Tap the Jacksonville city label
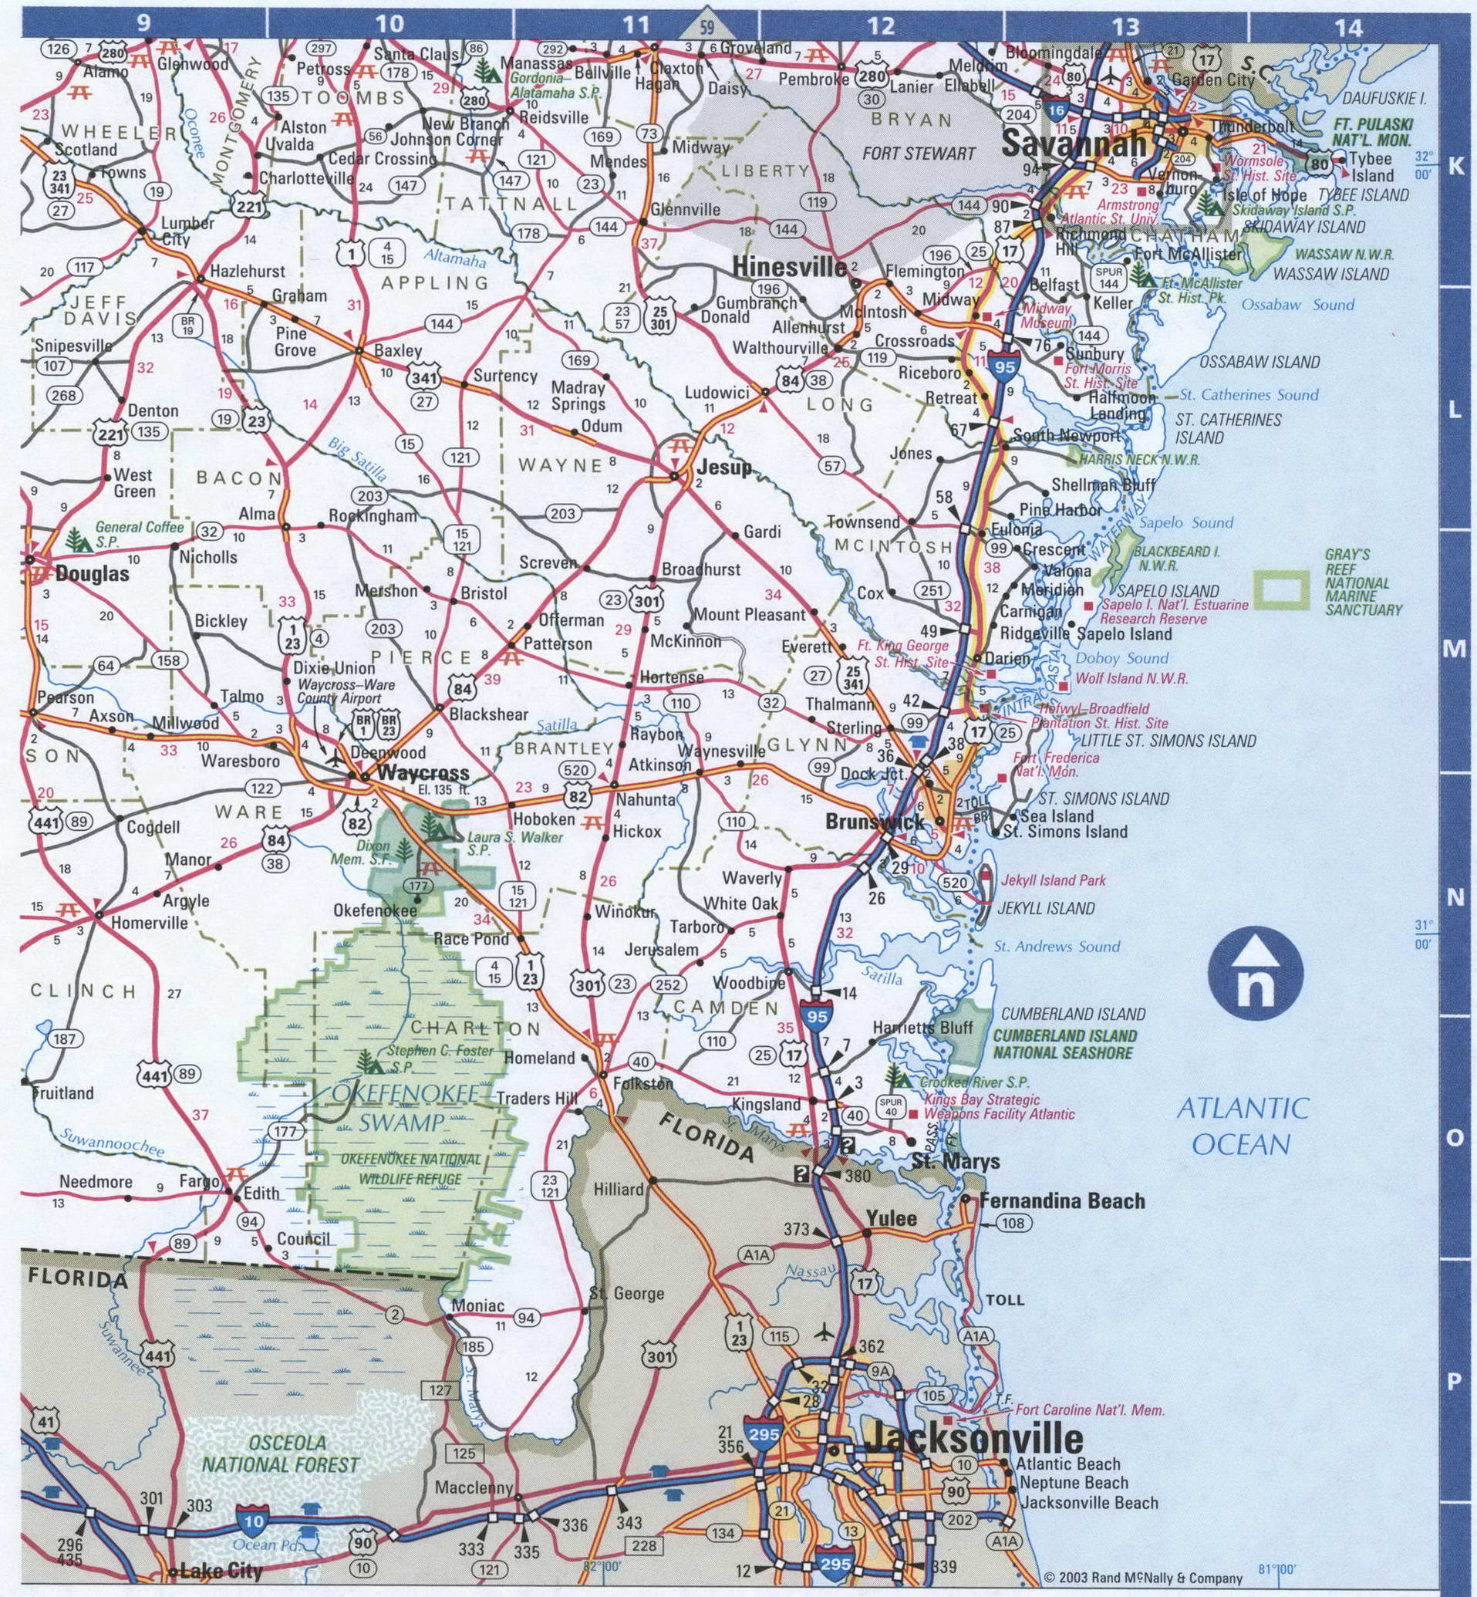[x=973, y=1439]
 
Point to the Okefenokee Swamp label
[x=400, y=1107]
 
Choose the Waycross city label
[x=422, y=773]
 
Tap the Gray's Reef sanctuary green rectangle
[x=1281, y=590]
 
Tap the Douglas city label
[x=92, y=574]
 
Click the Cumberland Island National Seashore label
[x=1064, y=1044]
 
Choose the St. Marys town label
[x=956, y=1161]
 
